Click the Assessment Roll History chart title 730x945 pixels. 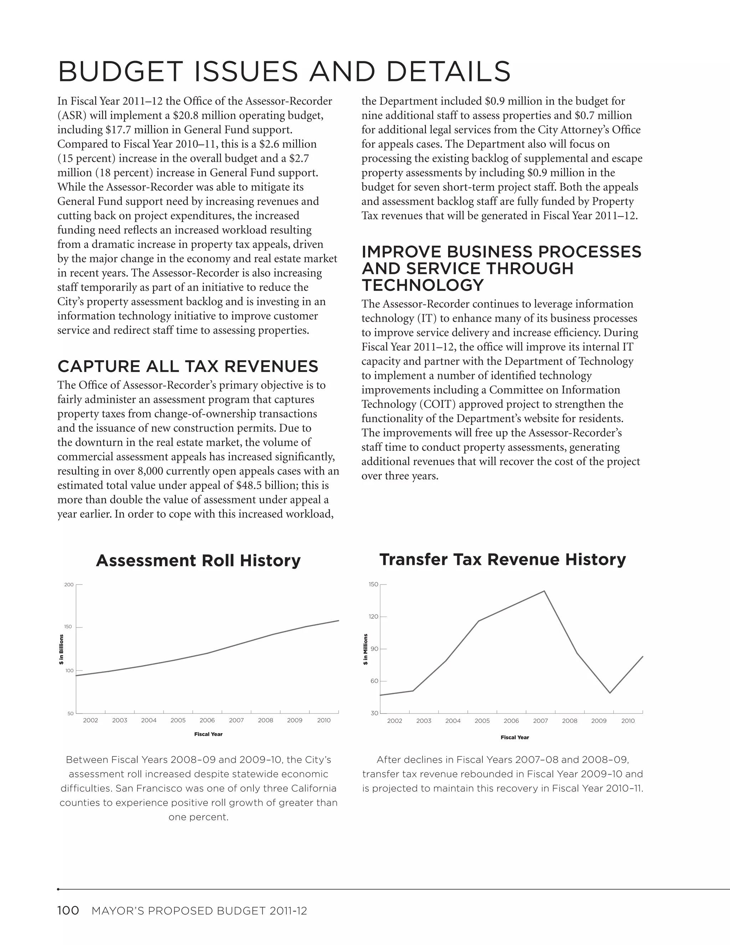pos(198,561)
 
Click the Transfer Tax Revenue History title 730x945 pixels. pos(503,560)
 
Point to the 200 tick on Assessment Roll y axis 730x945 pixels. pos(69,585)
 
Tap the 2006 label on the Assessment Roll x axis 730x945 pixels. pos(207,720)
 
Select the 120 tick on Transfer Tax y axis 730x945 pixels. pos(373,617)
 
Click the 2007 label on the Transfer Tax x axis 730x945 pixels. pos(540,721)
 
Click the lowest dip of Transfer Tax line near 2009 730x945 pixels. pos(610,693)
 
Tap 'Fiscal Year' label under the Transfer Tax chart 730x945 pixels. pos(515,737)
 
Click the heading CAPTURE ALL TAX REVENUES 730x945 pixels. pos(188,367)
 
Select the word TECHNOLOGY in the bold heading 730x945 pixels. pos(422,286)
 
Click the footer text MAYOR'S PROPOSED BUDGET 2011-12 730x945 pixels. pos(199,911)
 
